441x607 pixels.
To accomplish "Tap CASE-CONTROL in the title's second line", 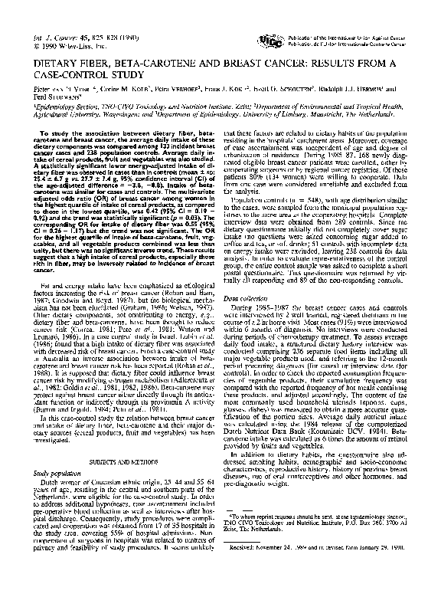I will coord(74,74).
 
